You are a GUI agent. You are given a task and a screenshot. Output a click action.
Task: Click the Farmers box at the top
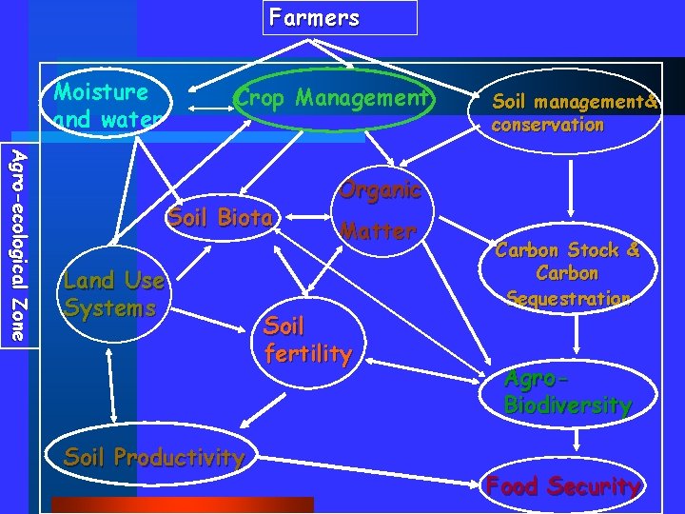340,18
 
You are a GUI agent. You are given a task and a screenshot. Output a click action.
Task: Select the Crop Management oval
332,98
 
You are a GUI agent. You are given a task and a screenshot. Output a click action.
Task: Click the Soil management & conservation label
575,112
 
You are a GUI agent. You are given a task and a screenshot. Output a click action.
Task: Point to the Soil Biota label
219,217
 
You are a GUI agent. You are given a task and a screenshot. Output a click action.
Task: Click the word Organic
380,189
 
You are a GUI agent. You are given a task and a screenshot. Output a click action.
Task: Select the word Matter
378,231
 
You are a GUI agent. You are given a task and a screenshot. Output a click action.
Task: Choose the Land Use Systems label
113,294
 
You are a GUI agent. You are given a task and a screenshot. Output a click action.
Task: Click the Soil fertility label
307,340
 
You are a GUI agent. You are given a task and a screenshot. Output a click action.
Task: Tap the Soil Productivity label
153,457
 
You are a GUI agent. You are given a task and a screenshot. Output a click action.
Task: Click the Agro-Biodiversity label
567,391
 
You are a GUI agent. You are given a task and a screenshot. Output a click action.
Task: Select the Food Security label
562,486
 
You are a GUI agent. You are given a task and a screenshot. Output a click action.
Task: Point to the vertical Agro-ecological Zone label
19,245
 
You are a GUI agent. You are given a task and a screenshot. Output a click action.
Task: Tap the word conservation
547,125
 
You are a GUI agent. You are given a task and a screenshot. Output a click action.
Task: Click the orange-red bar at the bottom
182,504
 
